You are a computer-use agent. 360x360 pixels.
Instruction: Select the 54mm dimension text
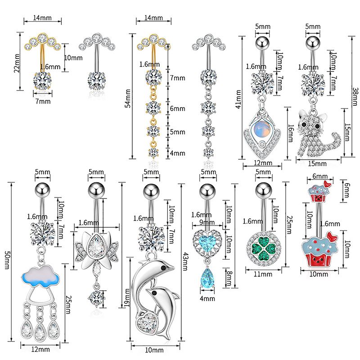[x=127, y=103]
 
